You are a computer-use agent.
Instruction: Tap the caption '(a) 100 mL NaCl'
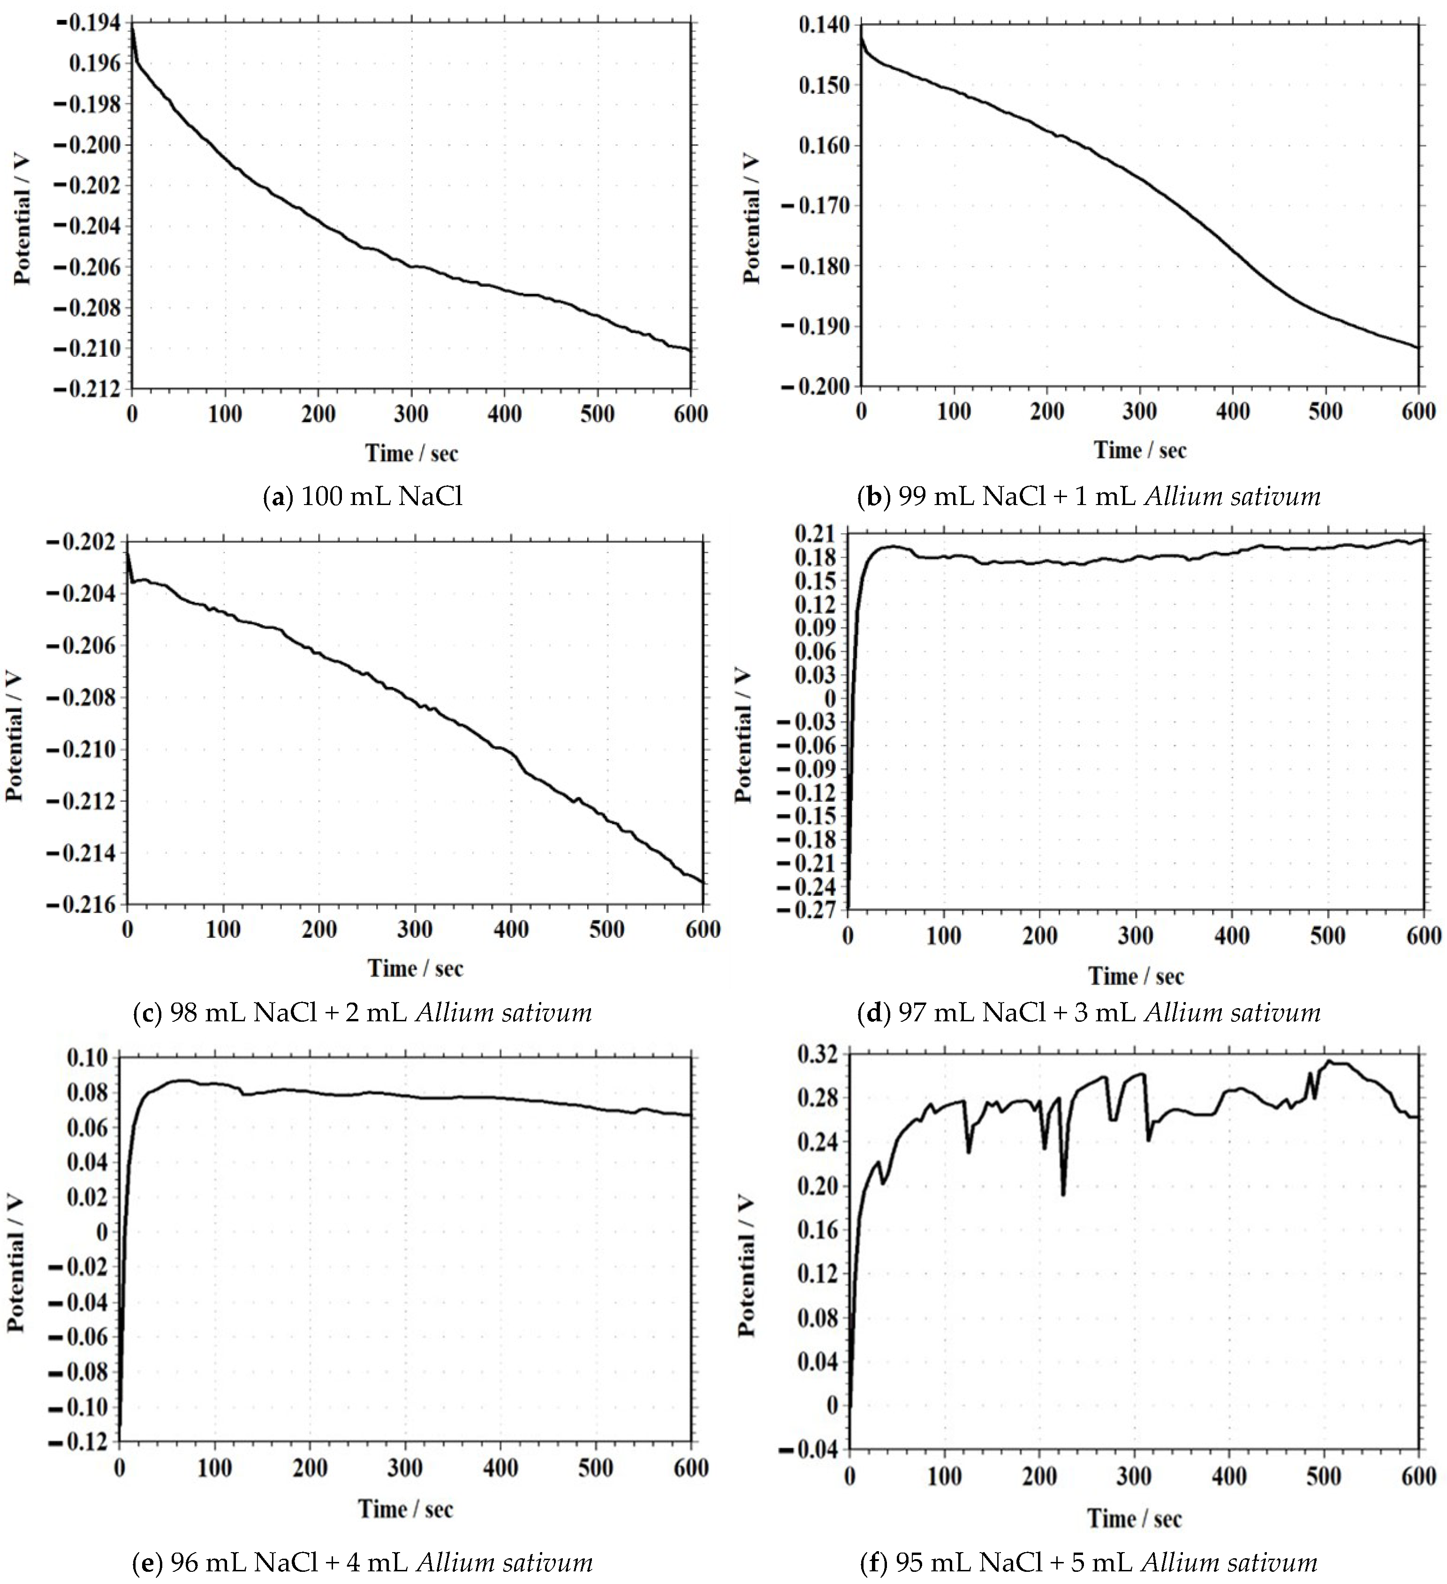[x=363, y=497]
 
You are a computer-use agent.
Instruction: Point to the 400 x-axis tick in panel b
[x=1233, y=411]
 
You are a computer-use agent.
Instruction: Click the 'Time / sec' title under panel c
[x=415, y=968]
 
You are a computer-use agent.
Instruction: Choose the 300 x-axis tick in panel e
[x=405, y=1468]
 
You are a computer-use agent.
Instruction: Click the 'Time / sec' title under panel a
[x=411, y=453]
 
